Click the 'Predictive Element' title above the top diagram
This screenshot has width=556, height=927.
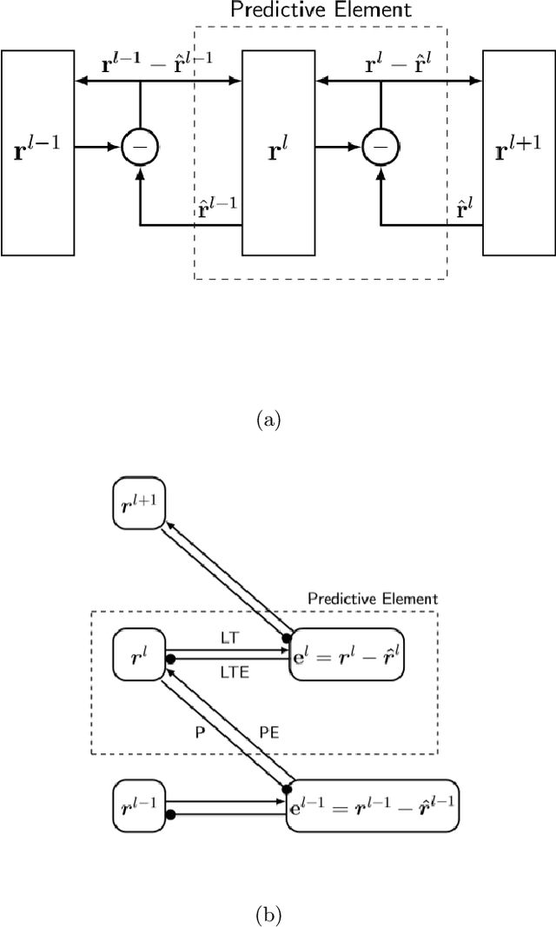pyautogui.click(x=321, y=10)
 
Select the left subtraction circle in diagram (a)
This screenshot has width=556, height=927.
pyautogui.click(x=139, y=149)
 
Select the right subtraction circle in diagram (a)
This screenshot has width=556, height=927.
pyautogui.click(x=380, y=149)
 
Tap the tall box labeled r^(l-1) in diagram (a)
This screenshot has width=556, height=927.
pyautogui.click(x=37, y=152)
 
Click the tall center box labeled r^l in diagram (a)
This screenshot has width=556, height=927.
pyautogui.click(x=277, y=152)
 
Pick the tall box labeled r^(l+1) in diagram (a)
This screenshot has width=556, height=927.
pyautogui.click(x=519, y=152)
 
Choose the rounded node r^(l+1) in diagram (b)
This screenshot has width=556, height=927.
pyautogui.click(x=139, y=501)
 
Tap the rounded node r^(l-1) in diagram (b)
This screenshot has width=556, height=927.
pyautogui.click(x=139, y=805)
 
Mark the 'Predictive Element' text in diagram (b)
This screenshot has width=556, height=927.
pyautogui.click(x=374, y=599)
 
